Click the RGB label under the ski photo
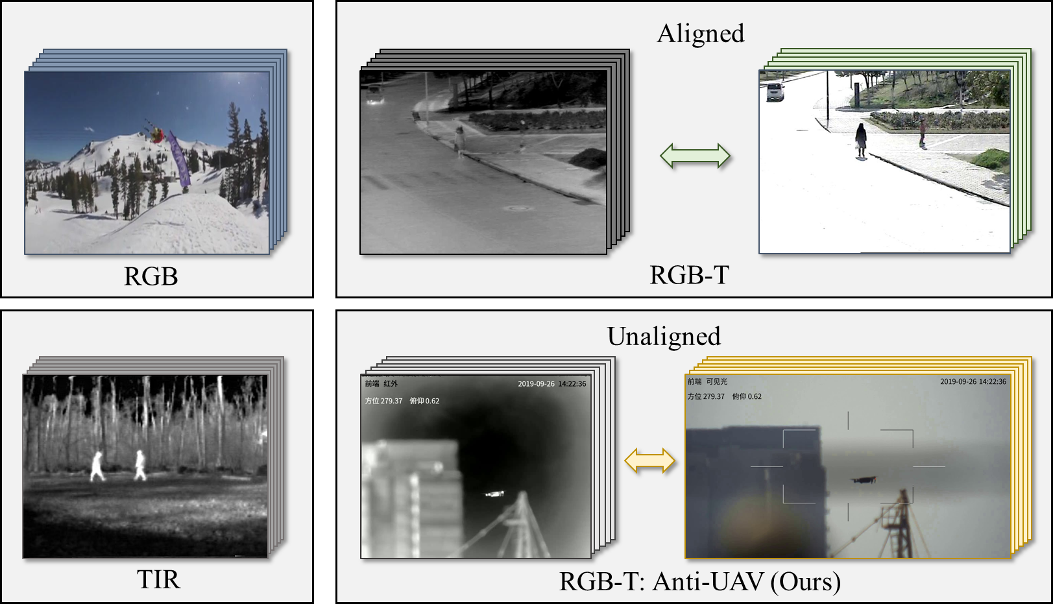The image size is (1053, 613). pos(151,276)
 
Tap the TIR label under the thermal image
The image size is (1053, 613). pos(158,579)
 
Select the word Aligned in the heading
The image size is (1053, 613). pos(700,34)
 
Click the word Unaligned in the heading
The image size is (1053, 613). pos(664,337)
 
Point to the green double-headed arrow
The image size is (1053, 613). pos(695,156)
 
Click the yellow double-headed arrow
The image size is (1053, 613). pos(649,461)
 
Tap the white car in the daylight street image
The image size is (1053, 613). pos(775,91)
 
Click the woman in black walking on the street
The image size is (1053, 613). pos(861,140)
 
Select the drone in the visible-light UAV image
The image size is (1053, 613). pos(864,480)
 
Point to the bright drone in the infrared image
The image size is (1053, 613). pos(495,494)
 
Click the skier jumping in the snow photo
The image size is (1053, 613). pos(156,134)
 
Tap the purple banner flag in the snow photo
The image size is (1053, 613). pos(179,158)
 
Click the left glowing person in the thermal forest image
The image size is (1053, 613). pos(97,466)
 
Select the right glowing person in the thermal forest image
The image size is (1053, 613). pos(139,465)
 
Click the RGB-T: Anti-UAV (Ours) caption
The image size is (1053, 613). pos(699,581)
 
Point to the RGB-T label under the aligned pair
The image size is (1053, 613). pos(689,275)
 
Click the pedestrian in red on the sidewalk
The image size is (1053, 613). pos(922,132)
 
